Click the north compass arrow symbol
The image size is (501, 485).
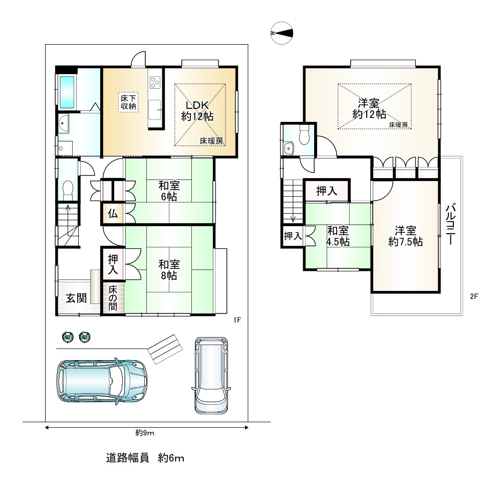282,33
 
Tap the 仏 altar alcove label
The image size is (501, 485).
113,213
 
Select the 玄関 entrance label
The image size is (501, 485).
76,298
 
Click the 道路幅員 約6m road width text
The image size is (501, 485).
145,458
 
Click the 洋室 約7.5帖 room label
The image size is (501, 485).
405,236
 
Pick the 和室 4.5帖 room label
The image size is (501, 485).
338,236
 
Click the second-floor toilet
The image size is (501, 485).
303,134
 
